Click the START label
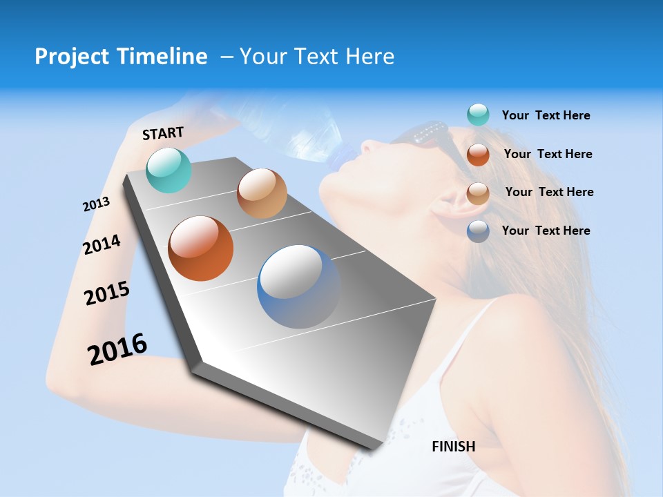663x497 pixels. (163, 133)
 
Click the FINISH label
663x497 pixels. (453, 447)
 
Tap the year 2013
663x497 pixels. (96, 204)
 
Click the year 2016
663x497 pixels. (117, 349)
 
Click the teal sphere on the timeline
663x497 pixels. (169, 170)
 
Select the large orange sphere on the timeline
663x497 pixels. (201, 248)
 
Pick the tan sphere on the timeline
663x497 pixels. (262, 193)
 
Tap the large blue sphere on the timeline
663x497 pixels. (299, 286)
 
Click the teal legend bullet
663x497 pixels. (478, 115)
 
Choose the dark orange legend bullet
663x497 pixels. (478, 155)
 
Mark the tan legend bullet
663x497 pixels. (478, 193)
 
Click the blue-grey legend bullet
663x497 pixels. (478, 231)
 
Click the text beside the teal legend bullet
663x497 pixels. (546, 116)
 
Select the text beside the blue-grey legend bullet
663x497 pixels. (546, 231)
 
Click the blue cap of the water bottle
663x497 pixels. (338, 161)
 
